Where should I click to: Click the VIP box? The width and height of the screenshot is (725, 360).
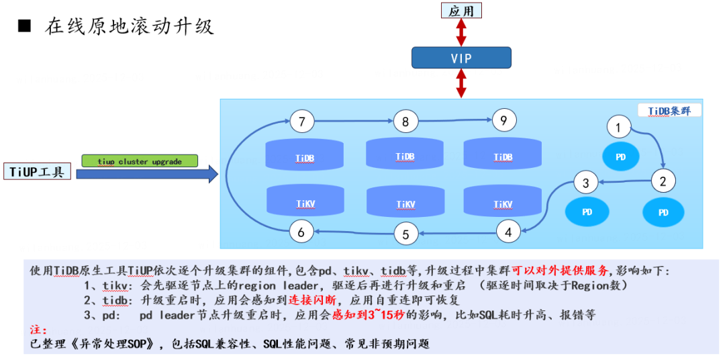461,58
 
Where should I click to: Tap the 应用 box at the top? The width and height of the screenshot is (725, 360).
461,10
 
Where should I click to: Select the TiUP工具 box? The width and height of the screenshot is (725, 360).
37,172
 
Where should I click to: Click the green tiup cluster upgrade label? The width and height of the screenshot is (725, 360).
140,161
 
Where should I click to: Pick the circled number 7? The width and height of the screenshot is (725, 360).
302,122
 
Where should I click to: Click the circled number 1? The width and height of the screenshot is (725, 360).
618,126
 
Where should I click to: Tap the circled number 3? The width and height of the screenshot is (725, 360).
585,182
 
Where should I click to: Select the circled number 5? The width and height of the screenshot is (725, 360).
405,234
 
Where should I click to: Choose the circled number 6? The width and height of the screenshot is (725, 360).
301,232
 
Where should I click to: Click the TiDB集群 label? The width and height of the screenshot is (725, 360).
669,110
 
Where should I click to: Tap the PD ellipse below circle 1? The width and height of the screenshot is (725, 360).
621,156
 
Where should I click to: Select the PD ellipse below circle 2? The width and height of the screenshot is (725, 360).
663,212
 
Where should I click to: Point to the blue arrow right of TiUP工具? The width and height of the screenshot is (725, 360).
147,175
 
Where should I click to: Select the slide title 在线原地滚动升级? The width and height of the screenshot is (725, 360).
130,26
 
